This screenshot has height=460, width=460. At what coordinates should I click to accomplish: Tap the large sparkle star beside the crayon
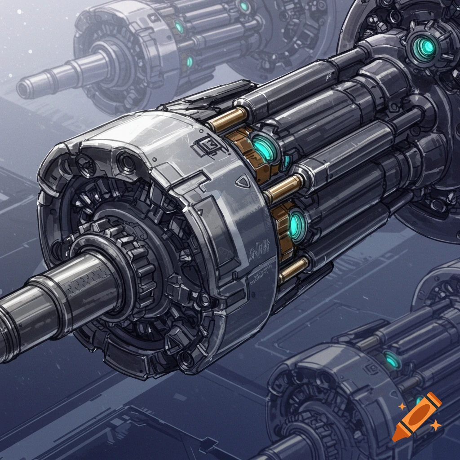(435, 425)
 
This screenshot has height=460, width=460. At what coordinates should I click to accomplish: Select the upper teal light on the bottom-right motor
(392, 359)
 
